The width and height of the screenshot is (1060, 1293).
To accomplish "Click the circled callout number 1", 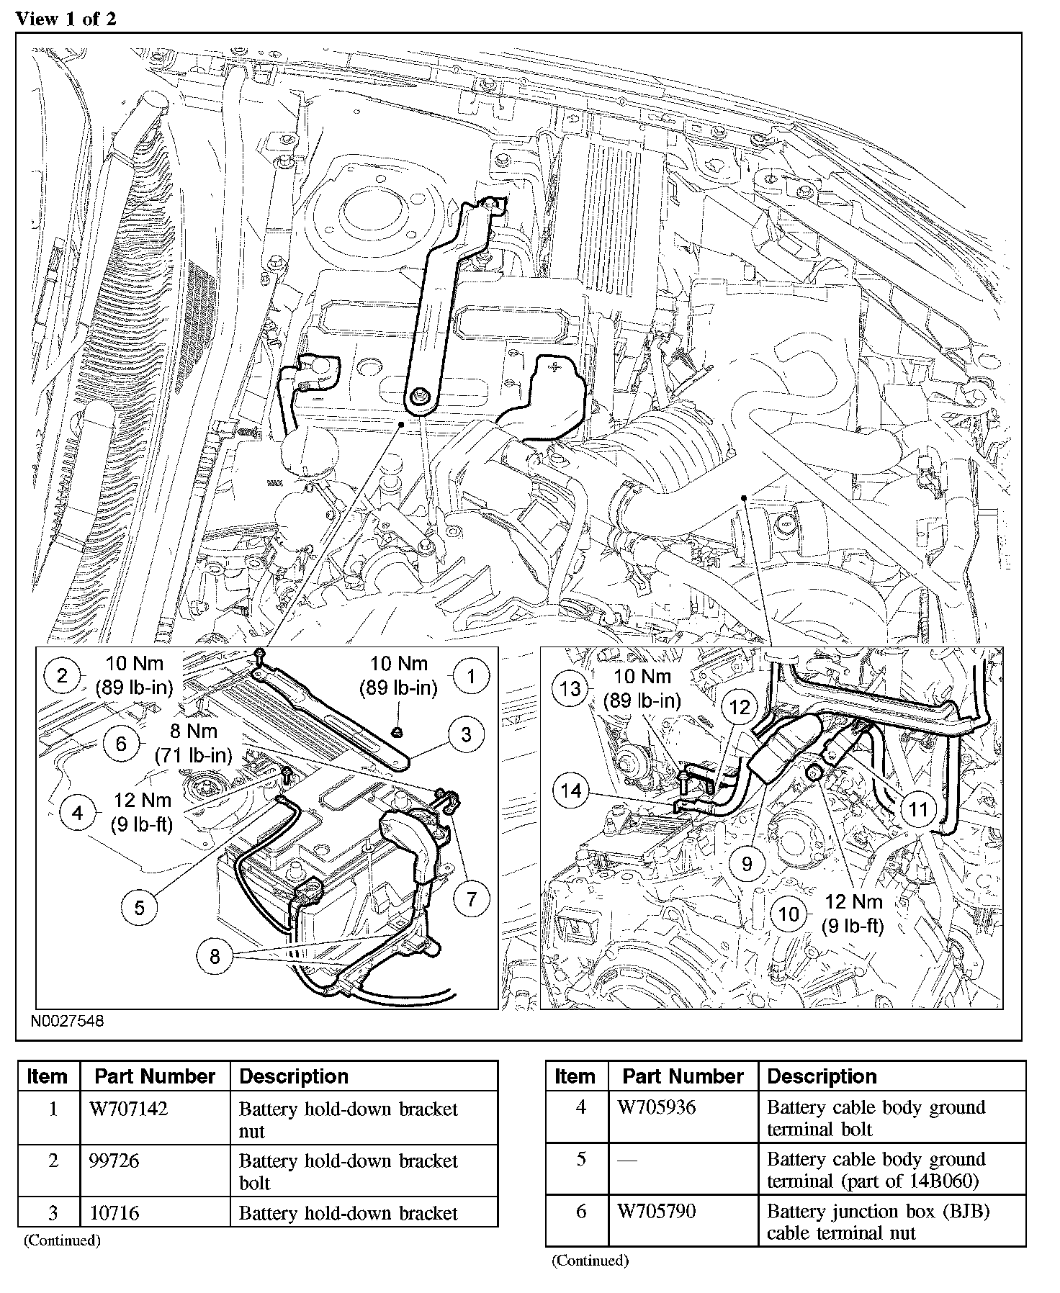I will (472, 675).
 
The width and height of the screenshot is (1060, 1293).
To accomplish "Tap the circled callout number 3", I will (467, 734).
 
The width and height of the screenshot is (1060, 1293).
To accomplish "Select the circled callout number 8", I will (215, 956).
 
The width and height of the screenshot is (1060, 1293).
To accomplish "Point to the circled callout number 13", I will (570, 688).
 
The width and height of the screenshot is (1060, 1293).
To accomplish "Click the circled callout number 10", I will (789, 914).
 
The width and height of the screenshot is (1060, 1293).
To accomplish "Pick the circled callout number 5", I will (139, 907).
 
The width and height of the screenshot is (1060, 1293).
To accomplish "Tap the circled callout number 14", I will (571, 791).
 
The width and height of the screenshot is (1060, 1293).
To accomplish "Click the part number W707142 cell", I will (128, 1109).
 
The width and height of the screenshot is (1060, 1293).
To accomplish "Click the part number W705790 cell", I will (657, 1211).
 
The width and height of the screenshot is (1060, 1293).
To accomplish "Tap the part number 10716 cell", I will (114, 1213).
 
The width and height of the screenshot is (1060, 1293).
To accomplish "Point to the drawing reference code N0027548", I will (67, 1022).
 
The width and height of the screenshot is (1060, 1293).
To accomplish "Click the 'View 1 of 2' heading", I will (66, 19).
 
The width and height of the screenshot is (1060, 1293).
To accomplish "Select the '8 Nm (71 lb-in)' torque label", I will (194, 744).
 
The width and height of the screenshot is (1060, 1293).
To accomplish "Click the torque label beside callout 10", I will (853, 913).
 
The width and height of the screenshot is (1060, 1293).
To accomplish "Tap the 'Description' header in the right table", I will (822, 1076).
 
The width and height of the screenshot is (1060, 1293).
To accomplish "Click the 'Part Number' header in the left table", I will (155, 1076).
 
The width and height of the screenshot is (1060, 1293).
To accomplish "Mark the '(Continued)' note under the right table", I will (590, 1261).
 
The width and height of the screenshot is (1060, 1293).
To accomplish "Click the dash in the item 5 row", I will (627, 1161).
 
